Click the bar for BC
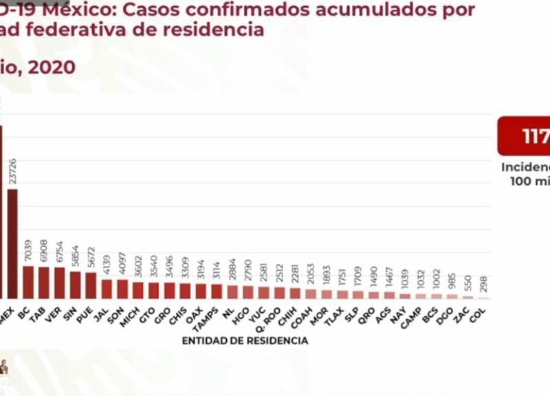pos(28,282)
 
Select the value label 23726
pos(13,169)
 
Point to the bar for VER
pos(60,283)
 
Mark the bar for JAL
pos(107,289)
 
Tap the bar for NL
pos(232,291)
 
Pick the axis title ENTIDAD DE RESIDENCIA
pos(245,340)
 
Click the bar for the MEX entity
pos(12,244)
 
